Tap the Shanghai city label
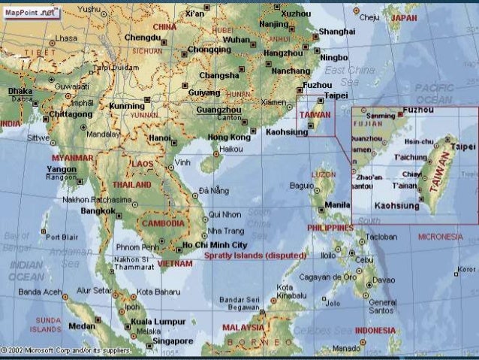336,32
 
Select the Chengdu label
143,37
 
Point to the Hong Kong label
229,138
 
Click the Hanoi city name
161,138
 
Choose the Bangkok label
98,212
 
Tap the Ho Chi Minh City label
215,245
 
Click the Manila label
337,204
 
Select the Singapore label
173,340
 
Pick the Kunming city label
126,106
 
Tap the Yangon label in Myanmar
62,169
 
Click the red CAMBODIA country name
162,224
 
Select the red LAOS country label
141,162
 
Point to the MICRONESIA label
441,236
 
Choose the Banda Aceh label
39,291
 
